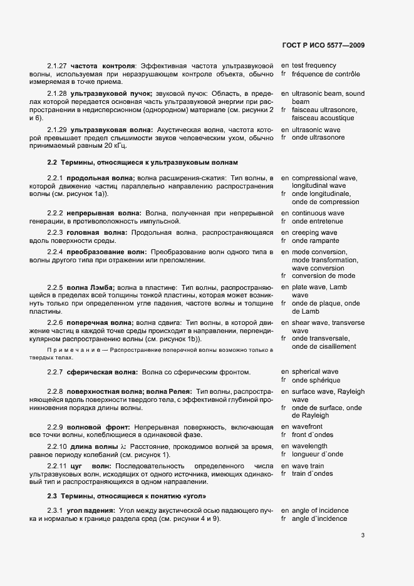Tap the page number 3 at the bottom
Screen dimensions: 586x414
[363, 535]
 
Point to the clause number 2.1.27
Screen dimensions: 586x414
[57, 66]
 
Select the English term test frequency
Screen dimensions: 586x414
[314, 66]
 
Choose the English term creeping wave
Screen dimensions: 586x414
[314, 233]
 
